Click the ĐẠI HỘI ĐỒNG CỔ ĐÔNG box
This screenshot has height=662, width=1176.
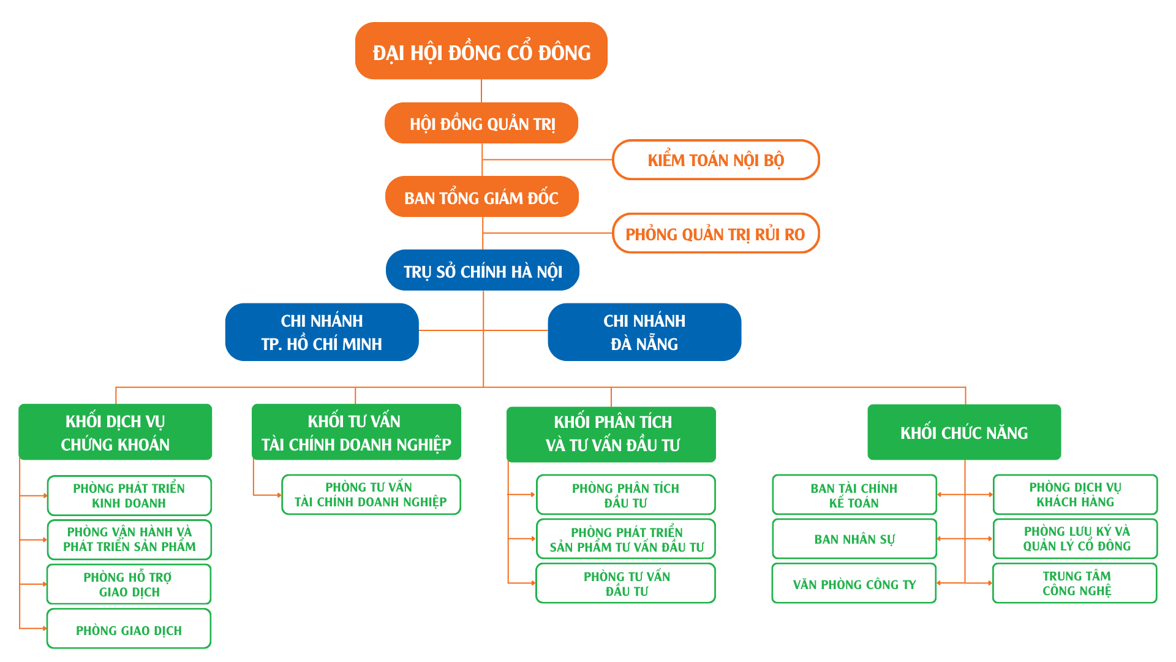(481, 51)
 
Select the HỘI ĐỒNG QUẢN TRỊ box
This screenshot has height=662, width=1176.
(481, 123)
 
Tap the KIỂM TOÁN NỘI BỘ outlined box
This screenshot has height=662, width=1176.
(715, 160)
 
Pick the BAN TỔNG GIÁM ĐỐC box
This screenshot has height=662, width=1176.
(482, 197)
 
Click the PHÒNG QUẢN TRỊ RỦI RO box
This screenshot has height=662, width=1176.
(715, 234)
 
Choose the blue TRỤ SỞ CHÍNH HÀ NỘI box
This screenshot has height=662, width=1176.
(483, 270)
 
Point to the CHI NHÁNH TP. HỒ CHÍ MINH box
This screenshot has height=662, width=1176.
(322, 332)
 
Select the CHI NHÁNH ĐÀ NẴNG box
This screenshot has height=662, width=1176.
(644, 332)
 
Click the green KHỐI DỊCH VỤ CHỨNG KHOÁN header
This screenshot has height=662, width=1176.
(115, 432)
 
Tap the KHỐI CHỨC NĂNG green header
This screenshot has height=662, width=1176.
(964, 432)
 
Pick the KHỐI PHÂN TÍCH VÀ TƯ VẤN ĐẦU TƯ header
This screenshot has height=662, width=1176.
(611, 434)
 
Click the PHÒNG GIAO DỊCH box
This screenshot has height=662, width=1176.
(129, 629)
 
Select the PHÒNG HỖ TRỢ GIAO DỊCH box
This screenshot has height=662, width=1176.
(129, 584)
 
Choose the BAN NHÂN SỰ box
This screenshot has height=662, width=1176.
(854, 539)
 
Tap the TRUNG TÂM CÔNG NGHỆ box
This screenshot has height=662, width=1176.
(1075, 584)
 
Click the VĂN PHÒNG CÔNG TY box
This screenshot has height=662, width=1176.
(854, 584)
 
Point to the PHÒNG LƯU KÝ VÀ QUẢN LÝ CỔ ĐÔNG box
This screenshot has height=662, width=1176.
(1076, 539)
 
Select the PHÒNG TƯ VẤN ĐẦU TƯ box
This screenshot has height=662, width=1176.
(626, 584)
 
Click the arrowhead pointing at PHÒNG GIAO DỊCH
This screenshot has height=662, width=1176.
(45, 628)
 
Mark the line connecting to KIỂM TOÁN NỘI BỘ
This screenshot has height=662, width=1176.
(548, 159)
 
